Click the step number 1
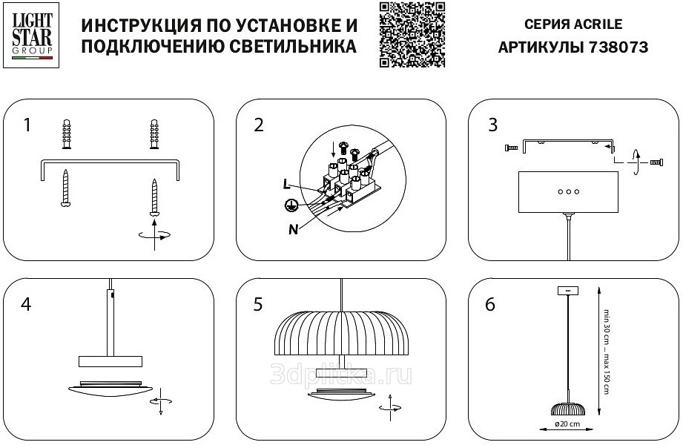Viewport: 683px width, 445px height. (x=27, y=125)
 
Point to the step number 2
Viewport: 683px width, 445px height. (x=258, y=125)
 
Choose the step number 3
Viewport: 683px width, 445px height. (x=492, y=125)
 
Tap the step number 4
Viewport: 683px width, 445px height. (x=27, y=304)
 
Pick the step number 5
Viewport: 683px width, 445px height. (x=258, y=304)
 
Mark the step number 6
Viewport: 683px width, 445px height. (x=490, y=304)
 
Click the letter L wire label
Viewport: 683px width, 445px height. (x=286, y=183)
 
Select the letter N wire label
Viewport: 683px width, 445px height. (x=294, y=228)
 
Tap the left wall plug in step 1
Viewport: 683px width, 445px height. (x=66, y=133)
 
